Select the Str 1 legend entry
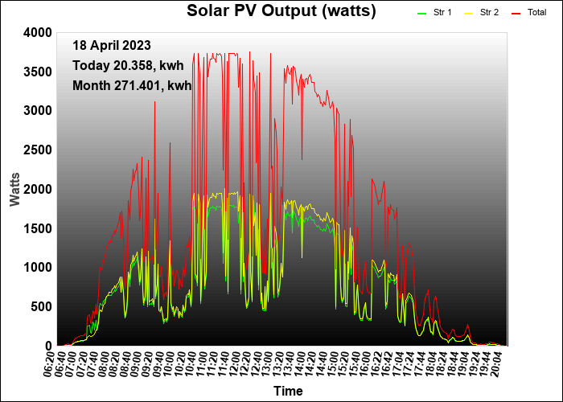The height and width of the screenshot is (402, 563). [442, 13]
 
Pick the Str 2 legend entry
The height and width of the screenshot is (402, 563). [489, 13]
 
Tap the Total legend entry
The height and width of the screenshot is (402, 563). [536, 13]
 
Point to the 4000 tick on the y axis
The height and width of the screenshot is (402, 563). [38, 33]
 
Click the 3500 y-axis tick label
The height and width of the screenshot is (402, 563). [38, 72]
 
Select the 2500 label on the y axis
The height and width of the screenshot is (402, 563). [38, 150]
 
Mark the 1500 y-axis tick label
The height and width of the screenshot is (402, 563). [38, 228]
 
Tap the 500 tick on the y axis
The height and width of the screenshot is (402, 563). [41, 307]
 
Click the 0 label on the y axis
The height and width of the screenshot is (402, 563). [48, 346]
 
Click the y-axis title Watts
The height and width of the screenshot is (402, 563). [15, 189]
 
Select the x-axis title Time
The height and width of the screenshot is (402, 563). [288, 392]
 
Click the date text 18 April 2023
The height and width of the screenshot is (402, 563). [111, 46]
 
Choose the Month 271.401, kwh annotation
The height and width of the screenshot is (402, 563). [132, 85]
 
